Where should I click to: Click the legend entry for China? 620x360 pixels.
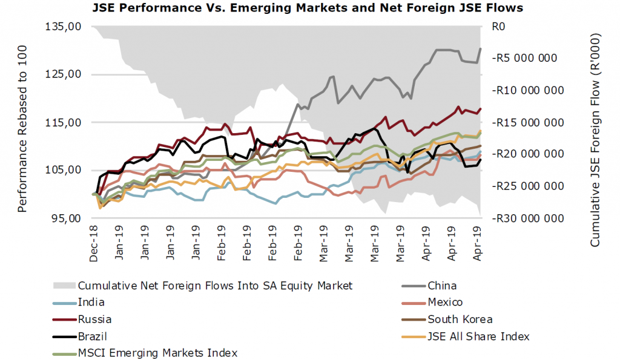(442, 286)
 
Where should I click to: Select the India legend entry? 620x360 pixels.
(91, 303)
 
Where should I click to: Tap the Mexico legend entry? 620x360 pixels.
(445, 303)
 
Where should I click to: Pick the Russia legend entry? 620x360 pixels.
(94, 319)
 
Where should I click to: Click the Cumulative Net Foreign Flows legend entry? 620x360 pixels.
(215, 286)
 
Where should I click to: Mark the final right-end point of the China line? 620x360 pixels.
(481, 48)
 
